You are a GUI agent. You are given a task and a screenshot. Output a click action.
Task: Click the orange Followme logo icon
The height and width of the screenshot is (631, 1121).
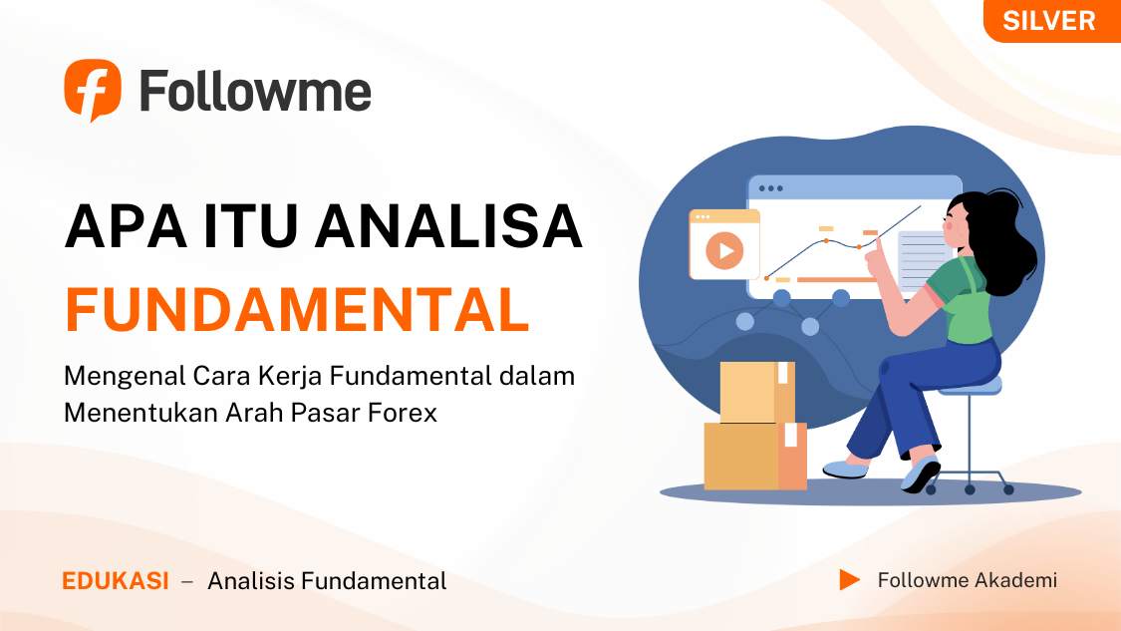92,90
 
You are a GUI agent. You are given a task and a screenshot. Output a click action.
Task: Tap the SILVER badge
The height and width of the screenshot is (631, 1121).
1049,21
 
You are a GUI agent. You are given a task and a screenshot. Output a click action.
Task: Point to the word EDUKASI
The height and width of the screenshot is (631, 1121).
116,581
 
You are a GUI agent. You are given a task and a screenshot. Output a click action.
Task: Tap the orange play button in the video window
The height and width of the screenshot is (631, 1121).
724,250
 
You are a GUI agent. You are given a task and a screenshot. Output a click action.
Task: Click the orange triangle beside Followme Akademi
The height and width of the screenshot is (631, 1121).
849,580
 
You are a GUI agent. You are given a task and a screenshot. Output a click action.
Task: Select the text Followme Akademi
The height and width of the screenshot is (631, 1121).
967,580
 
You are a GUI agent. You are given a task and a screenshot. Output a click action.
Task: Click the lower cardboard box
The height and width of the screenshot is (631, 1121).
753,457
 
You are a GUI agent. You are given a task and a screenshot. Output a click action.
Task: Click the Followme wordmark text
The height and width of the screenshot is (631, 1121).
255,92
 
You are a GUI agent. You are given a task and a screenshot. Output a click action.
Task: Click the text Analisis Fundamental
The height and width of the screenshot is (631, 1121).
327,581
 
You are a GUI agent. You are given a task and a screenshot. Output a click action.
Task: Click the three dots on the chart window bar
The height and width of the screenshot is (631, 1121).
770,187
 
